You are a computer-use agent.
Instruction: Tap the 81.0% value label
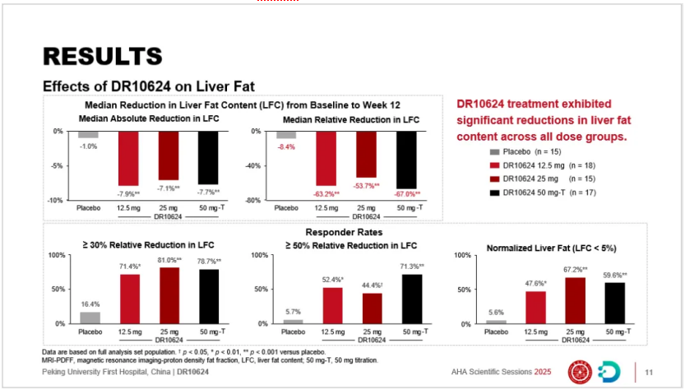(x=168, y=260)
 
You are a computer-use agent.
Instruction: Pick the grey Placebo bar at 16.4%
(x=89, y=318)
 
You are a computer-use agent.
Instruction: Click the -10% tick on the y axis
(x=58, y=200)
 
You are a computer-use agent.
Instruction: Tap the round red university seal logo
(x=581, y=370)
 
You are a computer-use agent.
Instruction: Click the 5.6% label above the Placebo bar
(x=495, y=313)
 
